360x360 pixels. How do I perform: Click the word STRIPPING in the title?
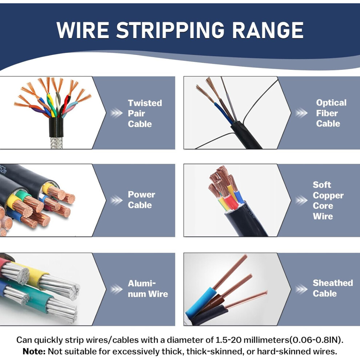(x=170, y=30)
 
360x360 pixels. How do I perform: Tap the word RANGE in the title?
(x=268, y=30)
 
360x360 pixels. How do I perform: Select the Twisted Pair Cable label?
(x=145, y=113)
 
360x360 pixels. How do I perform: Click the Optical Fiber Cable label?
(x=331, y=113)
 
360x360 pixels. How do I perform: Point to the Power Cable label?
(x=141, y=200)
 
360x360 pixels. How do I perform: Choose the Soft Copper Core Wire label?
(x=328, y=200)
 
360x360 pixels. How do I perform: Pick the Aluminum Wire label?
(x=148, y=289)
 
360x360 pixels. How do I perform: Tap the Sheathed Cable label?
(x=333, y=288)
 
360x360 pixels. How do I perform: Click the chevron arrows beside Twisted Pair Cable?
(x=116, y=113)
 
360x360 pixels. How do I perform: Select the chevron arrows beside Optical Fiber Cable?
(x=301, y=113)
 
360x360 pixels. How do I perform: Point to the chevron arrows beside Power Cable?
(x=116, y=200)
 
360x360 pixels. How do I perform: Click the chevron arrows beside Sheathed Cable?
(x=301, y=289)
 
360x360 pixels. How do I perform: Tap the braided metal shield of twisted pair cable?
(x=56, y=143)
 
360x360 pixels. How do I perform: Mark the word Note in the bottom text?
(x=34, y=351)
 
